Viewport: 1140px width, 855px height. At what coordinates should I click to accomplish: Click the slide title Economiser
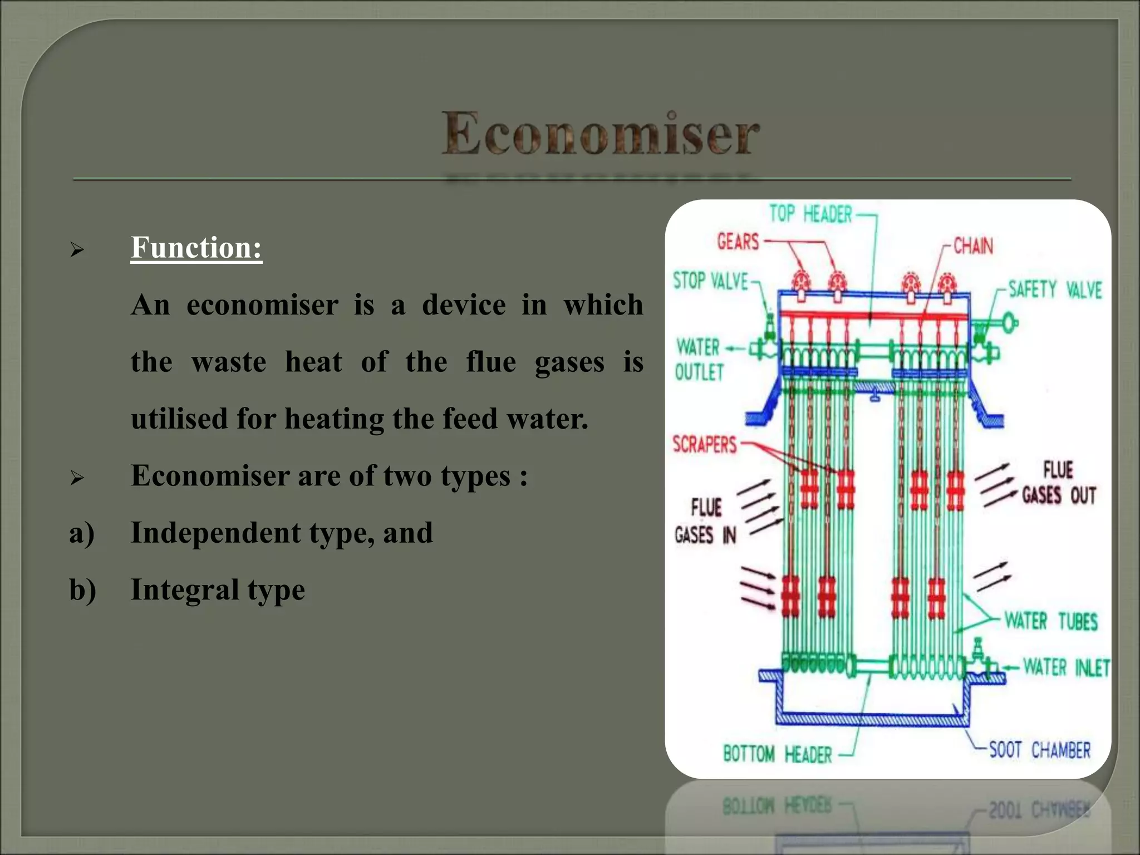[x=601, y=134]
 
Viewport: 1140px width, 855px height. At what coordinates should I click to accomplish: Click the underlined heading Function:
[x=196, y=248]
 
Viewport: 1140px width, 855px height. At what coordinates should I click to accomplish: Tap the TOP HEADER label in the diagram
[x=810, y=214]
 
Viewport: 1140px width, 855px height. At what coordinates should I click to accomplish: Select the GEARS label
[x=738, y=242]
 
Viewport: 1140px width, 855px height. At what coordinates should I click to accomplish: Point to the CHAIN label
[x=973, y=246]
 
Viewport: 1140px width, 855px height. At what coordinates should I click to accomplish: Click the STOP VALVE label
[x=710, y=281]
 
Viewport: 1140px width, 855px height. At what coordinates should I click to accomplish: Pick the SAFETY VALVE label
[x=1055, y=289]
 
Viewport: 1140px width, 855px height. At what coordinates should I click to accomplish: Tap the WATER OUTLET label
[x=699, y=360]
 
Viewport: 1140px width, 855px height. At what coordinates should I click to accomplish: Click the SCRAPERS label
[x=705, y=445]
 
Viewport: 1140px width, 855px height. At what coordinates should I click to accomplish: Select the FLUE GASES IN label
[x=706, y=522]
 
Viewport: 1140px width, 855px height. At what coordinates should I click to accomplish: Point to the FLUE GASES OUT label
[x=1059, y=483]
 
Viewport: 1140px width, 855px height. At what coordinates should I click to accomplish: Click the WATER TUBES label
[x=1051, y=621]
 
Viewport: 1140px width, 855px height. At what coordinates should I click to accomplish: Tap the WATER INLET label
[x=1066, y=667]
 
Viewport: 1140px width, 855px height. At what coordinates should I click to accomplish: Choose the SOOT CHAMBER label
[x=1039, y=750]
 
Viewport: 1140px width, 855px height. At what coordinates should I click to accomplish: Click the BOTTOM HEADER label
[x=777, y=755]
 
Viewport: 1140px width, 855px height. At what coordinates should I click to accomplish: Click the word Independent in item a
[x=215, y=533]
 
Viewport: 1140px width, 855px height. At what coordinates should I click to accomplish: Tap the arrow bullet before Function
[x=77, y=250]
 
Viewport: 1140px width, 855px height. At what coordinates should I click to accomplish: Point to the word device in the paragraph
[x=464, y=305]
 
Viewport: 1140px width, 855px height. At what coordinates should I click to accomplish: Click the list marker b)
[x=82, y=590]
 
